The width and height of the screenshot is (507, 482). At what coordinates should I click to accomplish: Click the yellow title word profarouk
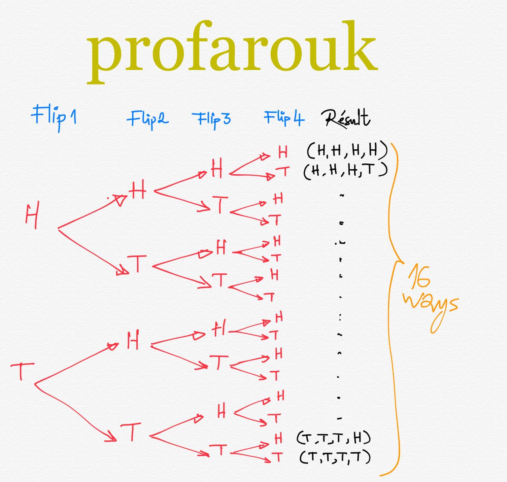click(232, 50)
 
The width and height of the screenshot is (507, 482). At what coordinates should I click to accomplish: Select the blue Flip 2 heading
click(148, 119)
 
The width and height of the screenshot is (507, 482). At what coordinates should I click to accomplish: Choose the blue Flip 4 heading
click(284, 118)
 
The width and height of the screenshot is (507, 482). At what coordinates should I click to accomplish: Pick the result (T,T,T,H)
click(333, 438)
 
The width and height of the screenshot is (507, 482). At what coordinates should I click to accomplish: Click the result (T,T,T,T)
click(335, 457)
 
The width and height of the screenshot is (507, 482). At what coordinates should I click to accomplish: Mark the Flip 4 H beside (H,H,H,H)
click(283, 152)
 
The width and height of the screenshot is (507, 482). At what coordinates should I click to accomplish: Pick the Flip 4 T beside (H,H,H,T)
click(283, 171)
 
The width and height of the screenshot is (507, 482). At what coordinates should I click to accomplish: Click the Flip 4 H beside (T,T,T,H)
click(279, 439)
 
